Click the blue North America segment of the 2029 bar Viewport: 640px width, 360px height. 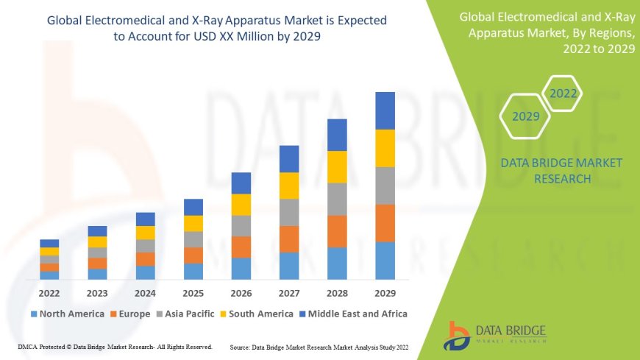click(x=385, y=261)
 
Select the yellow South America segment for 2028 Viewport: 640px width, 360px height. click(x=337, y=167)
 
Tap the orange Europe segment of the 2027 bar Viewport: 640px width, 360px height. click(x=289, y=239)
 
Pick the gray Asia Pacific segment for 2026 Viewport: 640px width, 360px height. click(x=241, y=225)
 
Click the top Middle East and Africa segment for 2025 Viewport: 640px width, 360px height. click(x=193, y=207)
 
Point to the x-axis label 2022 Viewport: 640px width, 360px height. click(x=49, y=292)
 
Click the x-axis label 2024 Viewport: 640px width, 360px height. click(x=146, y=292)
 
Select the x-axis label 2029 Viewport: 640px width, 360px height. click(x=385, y=292)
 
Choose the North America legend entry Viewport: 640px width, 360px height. click(x=65, y=314)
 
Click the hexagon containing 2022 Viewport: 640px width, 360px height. click(x=563, y=93)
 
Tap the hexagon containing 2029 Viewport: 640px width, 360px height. click(x=526, y=116)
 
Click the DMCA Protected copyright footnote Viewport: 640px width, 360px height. click(x=115, y=346)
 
